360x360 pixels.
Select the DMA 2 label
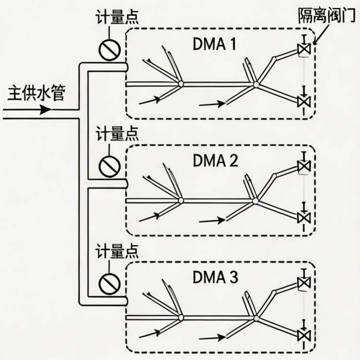[215, 160]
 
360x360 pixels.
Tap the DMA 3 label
[215, 277]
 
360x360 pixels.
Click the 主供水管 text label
[36, 93]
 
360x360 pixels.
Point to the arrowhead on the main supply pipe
[46, 109]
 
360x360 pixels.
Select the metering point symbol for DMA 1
[109, 49]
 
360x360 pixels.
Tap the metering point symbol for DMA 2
[109, 166]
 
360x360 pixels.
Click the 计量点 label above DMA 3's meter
[117, 251]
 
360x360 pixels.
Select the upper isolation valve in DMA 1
[303, 49]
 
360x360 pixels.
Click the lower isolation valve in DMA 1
[303, 101]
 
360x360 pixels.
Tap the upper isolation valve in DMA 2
[303, 166]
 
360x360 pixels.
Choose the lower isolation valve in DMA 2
[303, 217]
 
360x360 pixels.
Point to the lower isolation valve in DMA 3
[303, 334]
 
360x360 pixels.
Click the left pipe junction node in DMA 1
[180, 84]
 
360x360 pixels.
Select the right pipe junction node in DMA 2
[256, 201]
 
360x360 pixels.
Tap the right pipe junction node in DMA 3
[256, 317]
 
